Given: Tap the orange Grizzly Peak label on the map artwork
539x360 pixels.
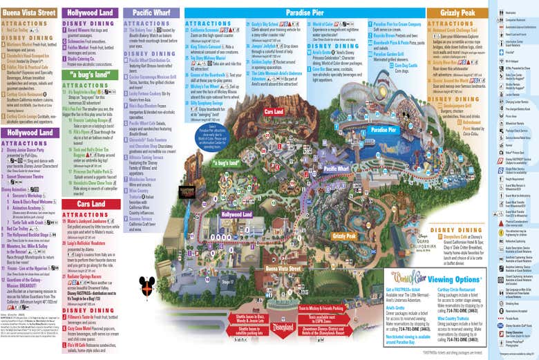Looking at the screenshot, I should click(x=343, y=236).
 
